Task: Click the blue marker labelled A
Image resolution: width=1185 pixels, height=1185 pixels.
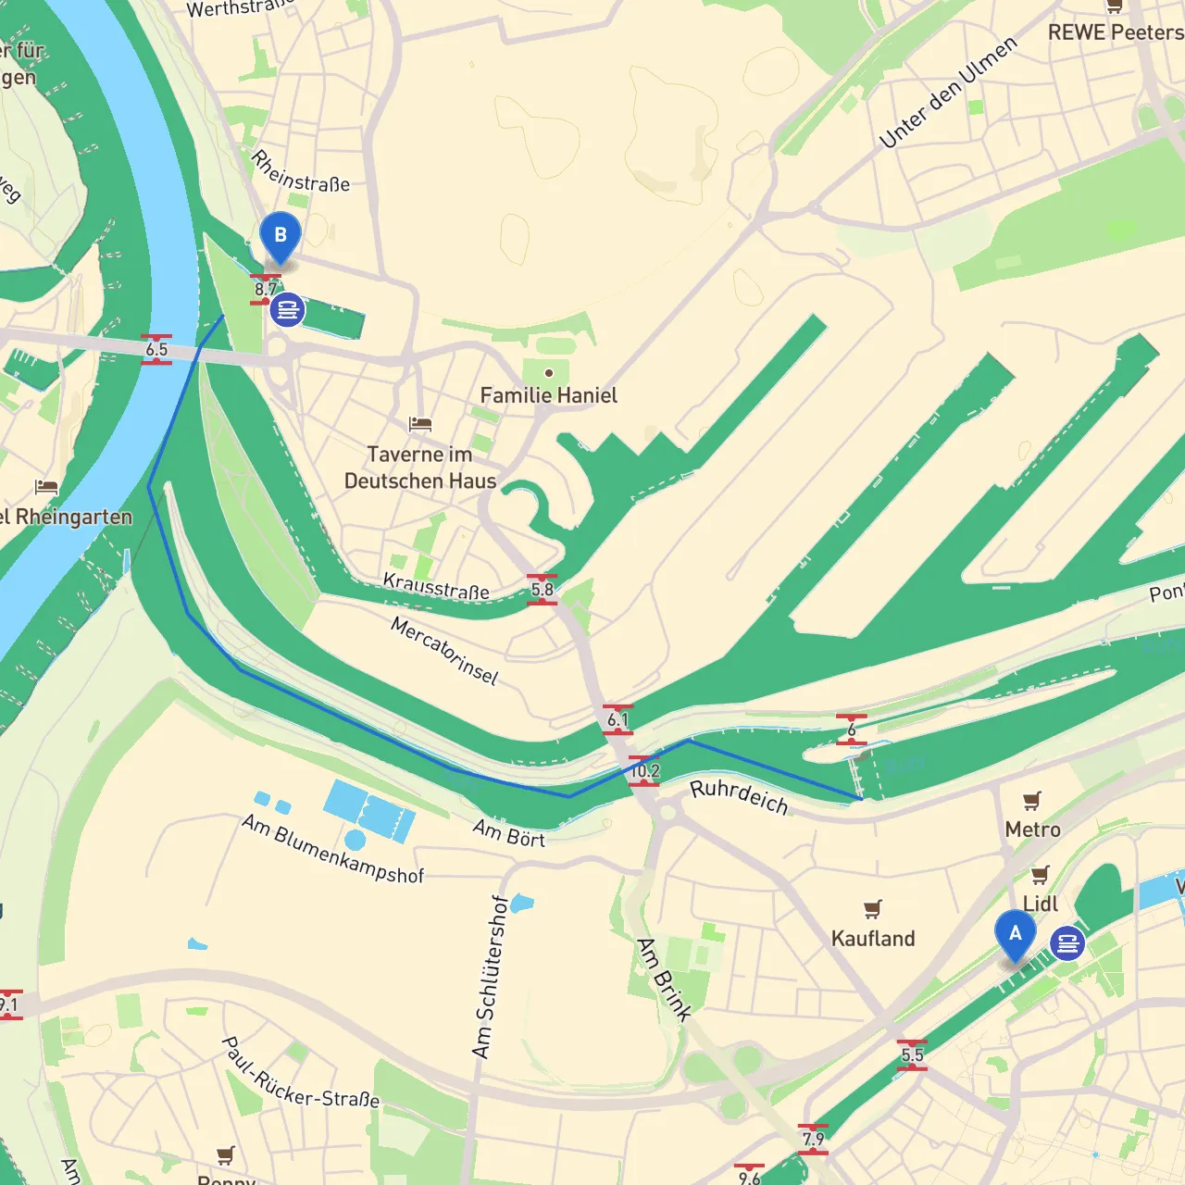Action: tap(1015, 935)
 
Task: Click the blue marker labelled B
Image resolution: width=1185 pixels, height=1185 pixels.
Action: tap(280, 236)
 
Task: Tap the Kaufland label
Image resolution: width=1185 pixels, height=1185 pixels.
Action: tap(872, 939)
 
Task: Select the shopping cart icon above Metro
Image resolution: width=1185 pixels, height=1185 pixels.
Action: tap(1032, 801)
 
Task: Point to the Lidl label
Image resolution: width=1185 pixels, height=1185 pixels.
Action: tap(1040, 904)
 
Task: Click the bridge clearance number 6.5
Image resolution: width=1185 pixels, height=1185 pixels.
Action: tap(156, 349)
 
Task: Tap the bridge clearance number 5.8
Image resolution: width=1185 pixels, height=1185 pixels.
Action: tap(542, 590)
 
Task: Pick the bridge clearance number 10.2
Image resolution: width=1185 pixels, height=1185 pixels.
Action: tap(644, 770)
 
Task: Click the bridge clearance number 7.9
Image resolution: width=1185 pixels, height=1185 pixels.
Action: tap(813, 1139)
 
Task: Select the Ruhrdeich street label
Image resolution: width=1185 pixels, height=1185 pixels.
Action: tap(739, 796)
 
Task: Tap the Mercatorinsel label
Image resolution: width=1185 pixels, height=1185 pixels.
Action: tap(443, 651)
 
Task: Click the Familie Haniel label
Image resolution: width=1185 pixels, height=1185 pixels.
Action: tap(548, 395)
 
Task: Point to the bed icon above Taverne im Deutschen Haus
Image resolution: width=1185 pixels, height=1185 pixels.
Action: tap(420, 425)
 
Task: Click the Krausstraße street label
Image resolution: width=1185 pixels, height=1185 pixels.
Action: tap(436, 586)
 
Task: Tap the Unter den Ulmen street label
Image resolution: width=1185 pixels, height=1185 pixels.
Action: tap(948, 92)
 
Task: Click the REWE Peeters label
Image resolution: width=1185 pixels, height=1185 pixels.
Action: tap(1116, 32)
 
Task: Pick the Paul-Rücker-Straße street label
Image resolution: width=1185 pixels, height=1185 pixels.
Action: tap(300, 1074)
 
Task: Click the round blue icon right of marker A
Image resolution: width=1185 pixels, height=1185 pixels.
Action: tap(1067, 943)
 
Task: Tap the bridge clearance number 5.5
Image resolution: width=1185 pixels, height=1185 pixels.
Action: tap(912, 1054)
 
